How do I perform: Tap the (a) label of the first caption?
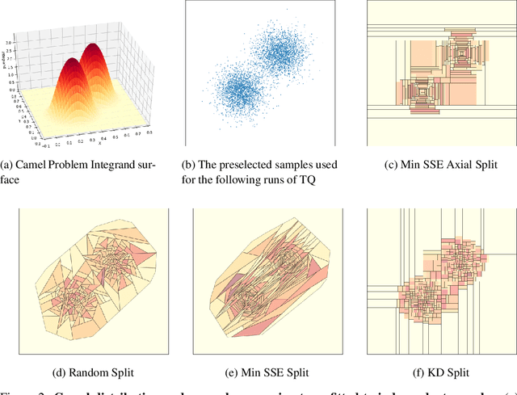tap(9, 165)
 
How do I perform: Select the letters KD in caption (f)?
tap(432, 373)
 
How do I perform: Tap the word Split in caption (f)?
tap(456, 373)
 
